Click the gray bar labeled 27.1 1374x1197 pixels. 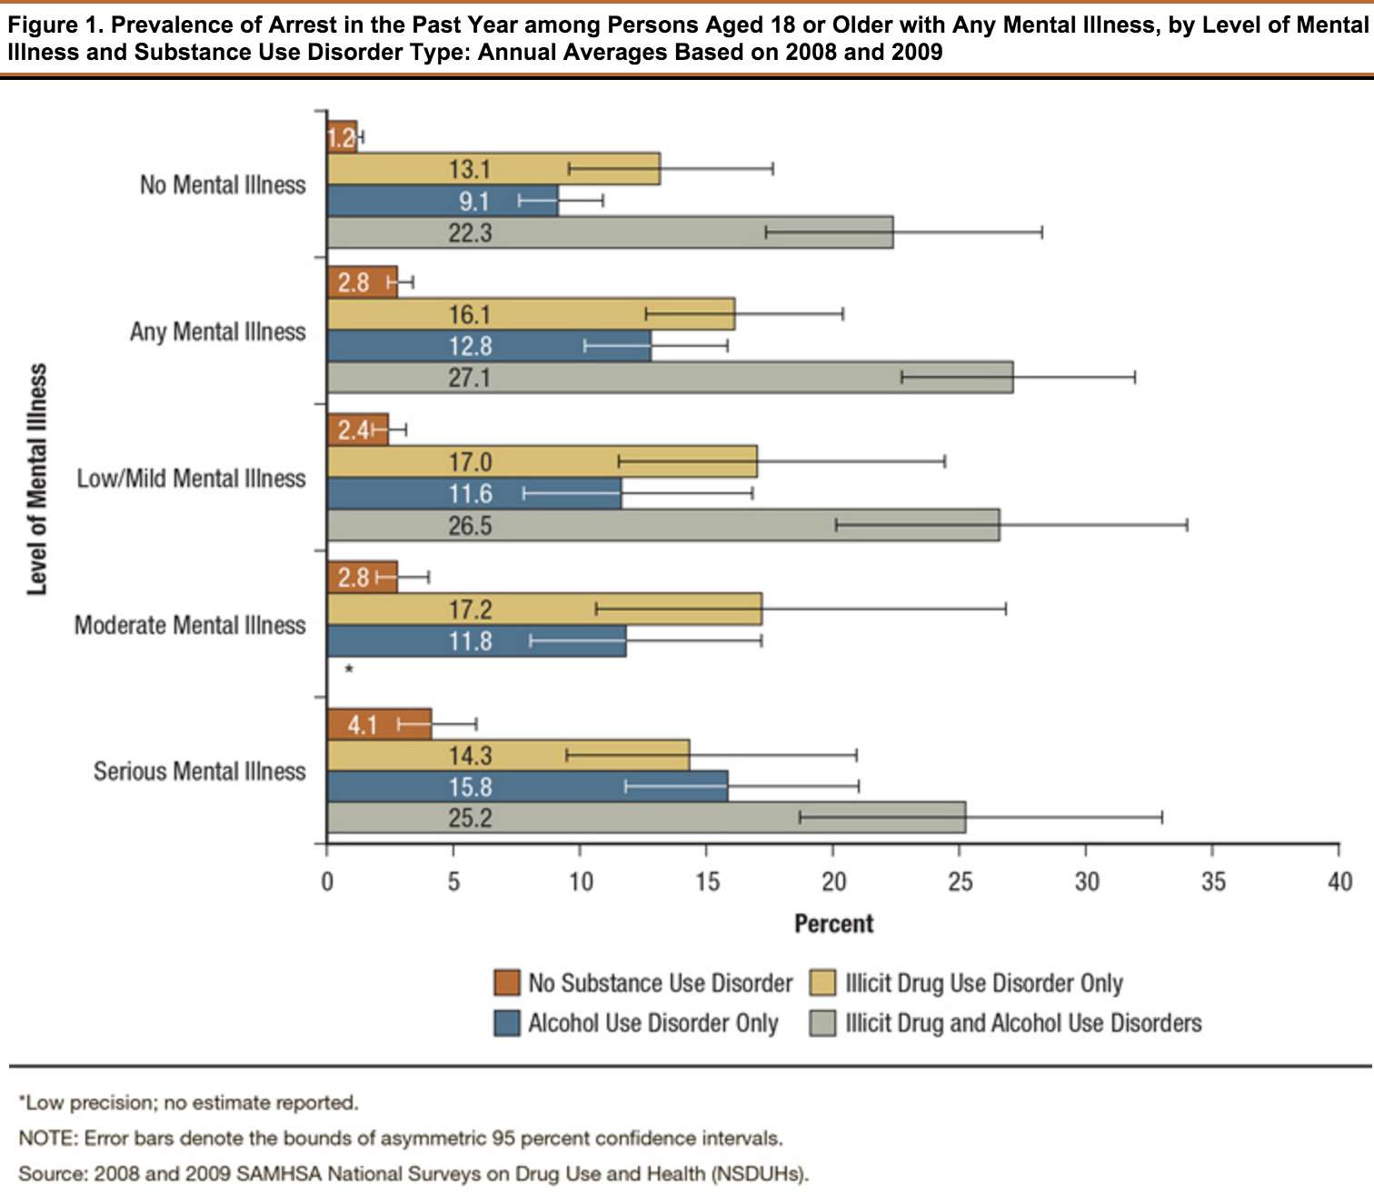[671, 378]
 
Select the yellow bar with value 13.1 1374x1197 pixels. [493, 168]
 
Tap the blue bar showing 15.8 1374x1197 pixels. [528, 786]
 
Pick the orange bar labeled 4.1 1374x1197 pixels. [380, 724]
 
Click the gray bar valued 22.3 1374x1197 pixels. [611, 232]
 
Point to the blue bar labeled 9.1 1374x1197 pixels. [443, 200]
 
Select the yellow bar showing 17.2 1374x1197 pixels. [544, 609]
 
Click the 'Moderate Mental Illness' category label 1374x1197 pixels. [190, 626]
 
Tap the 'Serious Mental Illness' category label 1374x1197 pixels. [199, 772]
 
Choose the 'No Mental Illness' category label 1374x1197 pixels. [223, 184]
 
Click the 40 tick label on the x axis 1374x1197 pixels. [1339, 881]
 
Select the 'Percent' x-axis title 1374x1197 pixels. [834, 924]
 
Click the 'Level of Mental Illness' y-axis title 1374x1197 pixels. [37, 479]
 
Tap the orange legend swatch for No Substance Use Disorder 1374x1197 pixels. [507, 983]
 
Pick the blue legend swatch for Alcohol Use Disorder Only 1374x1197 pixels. [507, 1024]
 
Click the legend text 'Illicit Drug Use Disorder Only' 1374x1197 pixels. [984, 983]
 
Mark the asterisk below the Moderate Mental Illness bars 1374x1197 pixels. [349, 669]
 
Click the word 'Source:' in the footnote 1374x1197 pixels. [53, 1173]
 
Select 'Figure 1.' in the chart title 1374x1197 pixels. [55, 25]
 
